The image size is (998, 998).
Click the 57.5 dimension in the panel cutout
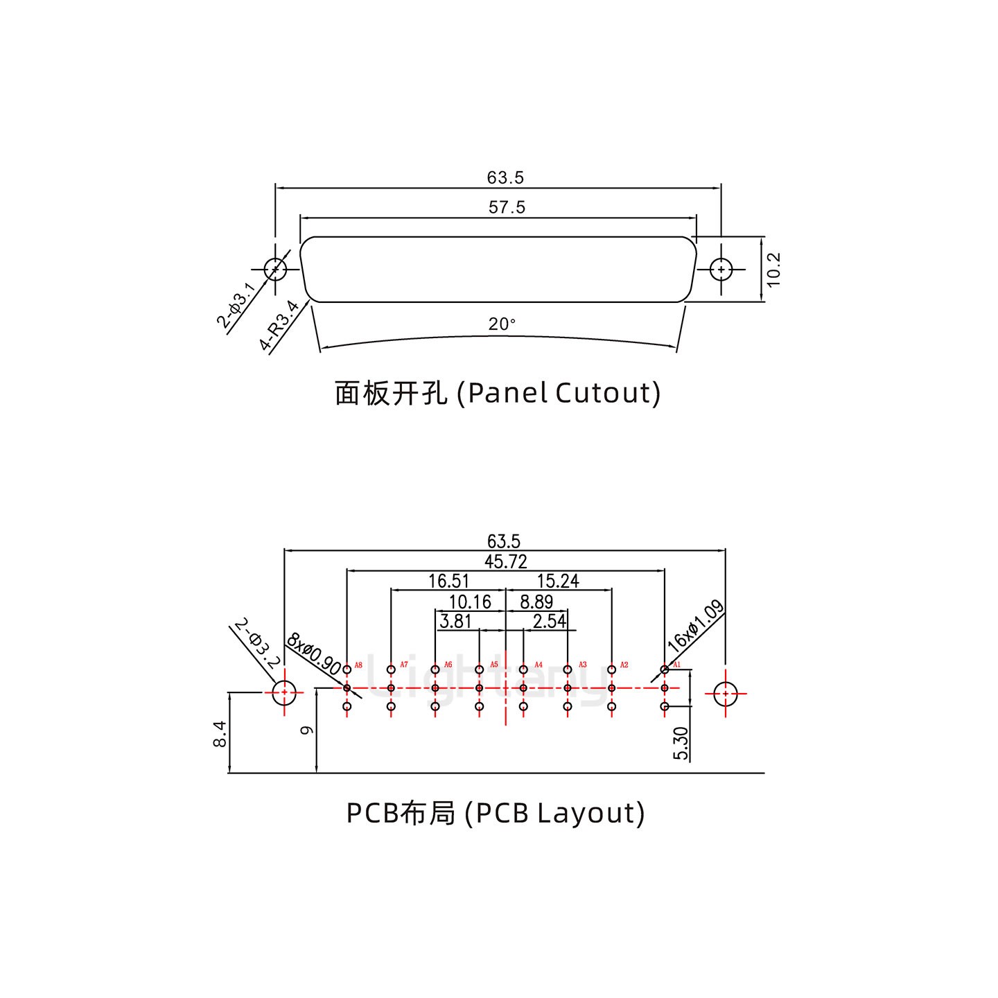pos(507,207)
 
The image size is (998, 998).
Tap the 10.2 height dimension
pos(774,269)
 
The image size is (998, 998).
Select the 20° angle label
pos(502,324)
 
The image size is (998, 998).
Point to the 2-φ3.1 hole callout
pos(236,306)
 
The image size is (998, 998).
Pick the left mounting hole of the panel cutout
pos(275,269)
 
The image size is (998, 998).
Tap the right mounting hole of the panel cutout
pos(721,269)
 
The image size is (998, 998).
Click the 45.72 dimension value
pos(505,561)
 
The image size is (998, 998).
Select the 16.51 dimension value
pos(448,581)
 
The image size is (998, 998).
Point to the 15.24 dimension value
pos(558,581)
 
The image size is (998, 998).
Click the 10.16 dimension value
pos(470,602)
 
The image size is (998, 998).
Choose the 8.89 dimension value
pos(536,602)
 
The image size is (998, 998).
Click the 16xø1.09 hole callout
pos(695,627)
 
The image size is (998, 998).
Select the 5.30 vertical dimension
pos(681,743)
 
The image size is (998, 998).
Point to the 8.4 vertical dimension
pos(219,733)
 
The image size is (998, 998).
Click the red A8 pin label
pos(358,665)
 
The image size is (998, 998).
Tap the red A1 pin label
pos(677,665)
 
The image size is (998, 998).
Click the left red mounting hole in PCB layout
pos(284,692)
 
